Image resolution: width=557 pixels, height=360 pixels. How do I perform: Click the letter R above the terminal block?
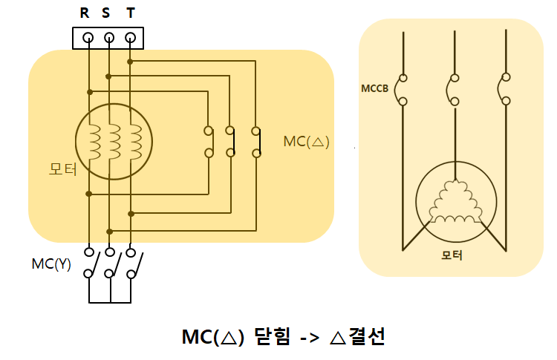85,13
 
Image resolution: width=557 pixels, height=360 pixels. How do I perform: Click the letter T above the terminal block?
131,13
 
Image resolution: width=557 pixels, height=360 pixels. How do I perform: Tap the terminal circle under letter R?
88,37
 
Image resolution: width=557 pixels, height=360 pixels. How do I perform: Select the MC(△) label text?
306,141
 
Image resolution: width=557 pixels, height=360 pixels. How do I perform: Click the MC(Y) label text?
51,264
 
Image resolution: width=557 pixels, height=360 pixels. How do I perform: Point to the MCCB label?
375,89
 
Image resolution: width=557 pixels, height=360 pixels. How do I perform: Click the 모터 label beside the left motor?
62,168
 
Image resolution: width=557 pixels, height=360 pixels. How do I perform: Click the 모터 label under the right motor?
452,255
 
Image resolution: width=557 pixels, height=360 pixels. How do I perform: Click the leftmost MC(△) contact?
209,142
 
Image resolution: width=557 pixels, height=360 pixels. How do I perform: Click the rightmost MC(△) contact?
255,142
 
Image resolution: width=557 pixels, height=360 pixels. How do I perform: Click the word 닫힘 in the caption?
270,336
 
